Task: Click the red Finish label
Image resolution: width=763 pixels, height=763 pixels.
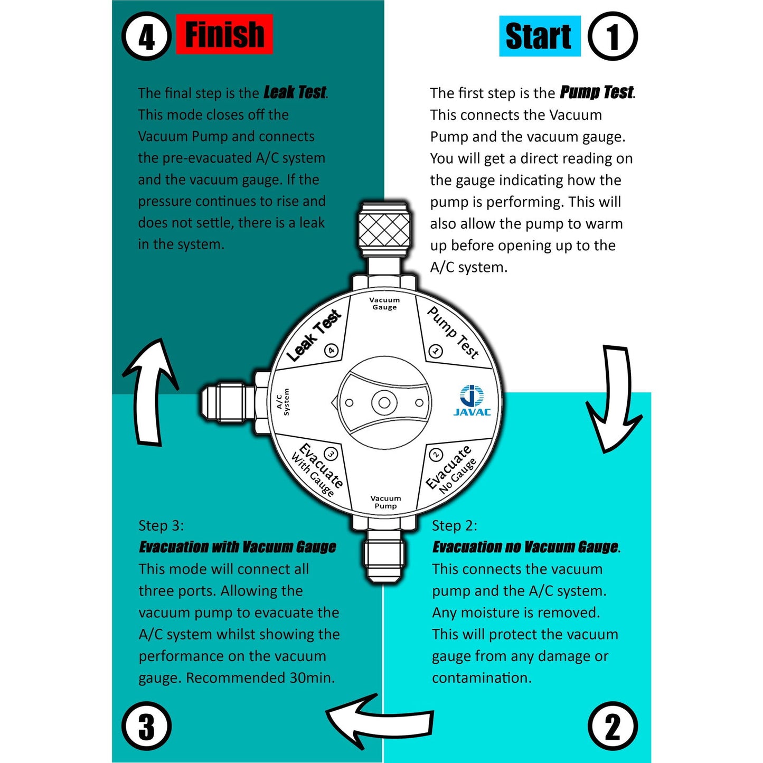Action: pos(224,34)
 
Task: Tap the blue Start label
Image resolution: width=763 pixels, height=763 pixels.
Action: pos(539,36)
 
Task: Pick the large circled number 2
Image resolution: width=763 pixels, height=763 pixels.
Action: pos(613,727)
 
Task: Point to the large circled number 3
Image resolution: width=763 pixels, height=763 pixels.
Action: pos(147,727)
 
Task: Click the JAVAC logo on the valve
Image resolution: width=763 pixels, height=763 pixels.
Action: pos(472,401)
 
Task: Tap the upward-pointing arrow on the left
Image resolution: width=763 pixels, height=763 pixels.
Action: pos(149,391)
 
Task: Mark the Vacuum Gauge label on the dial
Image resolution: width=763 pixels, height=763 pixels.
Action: pos(384,304)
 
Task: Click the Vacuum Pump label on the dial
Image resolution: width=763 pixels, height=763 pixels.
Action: pos(385,502)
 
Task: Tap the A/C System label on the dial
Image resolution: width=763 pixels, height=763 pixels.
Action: pos(283,402)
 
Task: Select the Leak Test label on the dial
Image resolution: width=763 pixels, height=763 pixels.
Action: pos(314,335)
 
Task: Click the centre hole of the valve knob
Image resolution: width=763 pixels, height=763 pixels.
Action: pos(384,403)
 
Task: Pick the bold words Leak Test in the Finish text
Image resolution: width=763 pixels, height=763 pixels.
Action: pos(295,92)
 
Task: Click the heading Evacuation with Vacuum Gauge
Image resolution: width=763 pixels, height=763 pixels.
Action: pos(238,547)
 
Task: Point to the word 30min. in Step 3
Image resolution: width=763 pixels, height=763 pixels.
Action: pos(312,677)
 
